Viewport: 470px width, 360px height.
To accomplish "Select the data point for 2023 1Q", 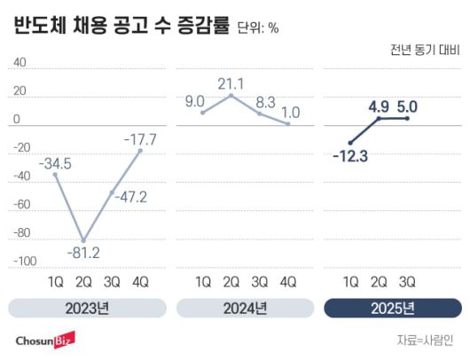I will (56, 175).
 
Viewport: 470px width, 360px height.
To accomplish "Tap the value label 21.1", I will (231, 82).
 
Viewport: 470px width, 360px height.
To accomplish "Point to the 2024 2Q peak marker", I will (231, 95).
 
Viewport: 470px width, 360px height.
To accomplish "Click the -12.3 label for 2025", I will (353, 157).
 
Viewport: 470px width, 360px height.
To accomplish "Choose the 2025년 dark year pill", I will (392, 309).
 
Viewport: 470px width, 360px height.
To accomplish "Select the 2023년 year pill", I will (87, 309).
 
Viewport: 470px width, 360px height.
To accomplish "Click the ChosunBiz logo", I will (44, 340).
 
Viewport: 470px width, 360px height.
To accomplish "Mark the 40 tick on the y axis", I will (20, 63).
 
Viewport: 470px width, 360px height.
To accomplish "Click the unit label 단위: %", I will (258, 28).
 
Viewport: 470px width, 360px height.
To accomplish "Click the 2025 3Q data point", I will (407, 118).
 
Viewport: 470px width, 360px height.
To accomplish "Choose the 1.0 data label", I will (290, 113).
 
